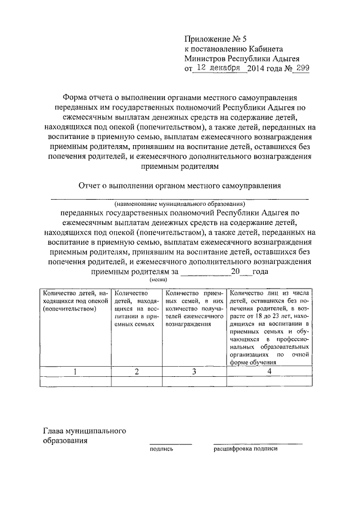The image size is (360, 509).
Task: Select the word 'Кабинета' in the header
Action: pos(274,48)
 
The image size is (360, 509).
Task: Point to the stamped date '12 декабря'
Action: pos(218,68)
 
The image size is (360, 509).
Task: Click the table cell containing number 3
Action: pos(193,371)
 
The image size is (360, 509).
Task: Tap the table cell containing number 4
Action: pos(269,371)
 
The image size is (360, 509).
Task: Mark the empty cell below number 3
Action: pos(193,381)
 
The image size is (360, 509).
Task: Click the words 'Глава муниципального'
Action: pos(84,431)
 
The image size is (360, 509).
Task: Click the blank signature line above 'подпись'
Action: pos(170,444)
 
